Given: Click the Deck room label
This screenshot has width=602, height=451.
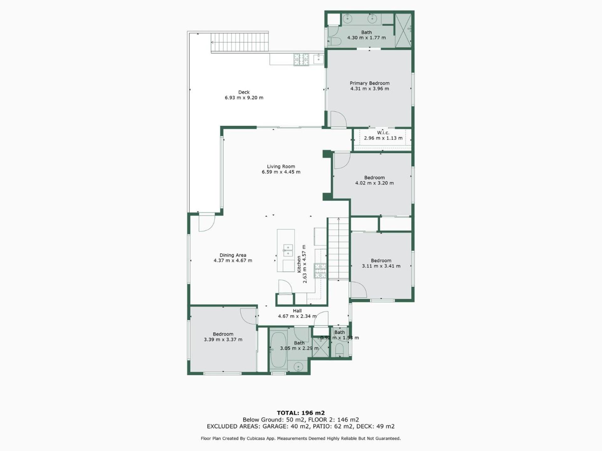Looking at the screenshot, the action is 244,92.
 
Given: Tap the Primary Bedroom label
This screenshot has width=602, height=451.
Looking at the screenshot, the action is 370,83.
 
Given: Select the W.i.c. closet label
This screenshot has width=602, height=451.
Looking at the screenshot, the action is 383,133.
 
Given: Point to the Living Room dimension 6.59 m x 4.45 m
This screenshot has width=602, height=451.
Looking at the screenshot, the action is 281,172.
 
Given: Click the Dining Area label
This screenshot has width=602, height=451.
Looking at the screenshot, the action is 233,255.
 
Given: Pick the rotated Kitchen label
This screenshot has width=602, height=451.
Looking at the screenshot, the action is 299,264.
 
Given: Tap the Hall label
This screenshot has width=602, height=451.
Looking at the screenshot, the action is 297,311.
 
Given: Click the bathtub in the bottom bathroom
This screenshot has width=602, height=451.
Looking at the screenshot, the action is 278,350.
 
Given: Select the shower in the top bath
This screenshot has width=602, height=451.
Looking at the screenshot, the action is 403,30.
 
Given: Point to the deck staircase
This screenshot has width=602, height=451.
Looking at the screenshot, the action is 240,42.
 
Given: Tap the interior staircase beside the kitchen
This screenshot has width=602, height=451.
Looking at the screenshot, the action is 338,249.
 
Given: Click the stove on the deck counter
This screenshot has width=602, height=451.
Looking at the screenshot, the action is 301,60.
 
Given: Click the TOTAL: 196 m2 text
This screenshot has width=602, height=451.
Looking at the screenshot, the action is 301,413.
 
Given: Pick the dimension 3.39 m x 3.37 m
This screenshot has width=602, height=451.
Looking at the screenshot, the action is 223,340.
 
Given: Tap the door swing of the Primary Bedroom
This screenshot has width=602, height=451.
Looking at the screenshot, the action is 339,119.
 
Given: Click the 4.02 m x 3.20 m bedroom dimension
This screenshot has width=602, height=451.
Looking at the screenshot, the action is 374,183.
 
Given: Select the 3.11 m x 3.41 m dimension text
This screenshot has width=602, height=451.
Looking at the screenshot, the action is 381,266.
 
